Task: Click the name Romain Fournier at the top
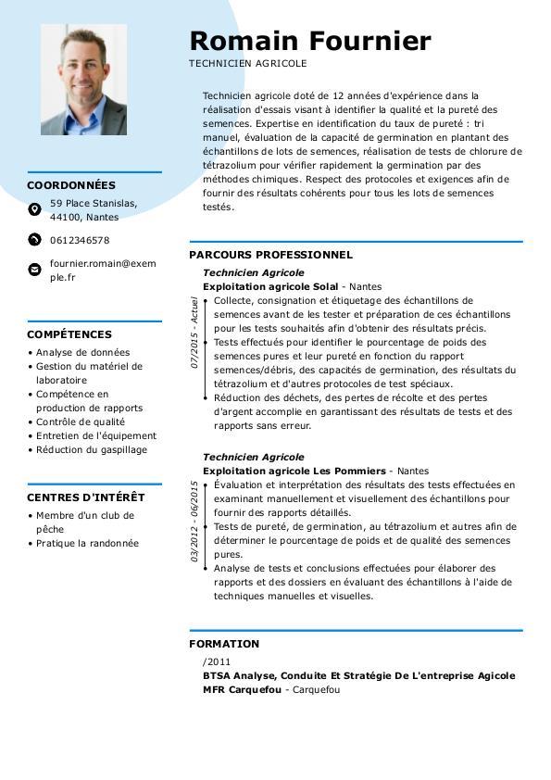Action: tap(309, 42)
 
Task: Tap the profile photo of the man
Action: tap(83, 80)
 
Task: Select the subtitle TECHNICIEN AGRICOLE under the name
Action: tap(247, 64)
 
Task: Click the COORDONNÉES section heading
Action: tap(71, 185)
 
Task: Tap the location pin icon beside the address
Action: tap(34, 210)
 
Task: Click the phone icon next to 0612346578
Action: tap(34, 240)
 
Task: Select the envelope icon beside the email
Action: tap(34, 270)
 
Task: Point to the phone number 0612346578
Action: tap(80, 240)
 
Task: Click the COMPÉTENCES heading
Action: tap(69, 334)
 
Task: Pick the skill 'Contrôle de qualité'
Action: tap(81, 421)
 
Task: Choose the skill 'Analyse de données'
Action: tap(82, 352)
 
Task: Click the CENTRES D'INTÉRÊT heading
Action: tap(85, 497)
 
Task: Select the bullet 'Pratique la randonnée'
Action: tap(87, 543)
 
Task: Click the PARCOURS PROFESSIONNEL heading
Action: tap(270, 255)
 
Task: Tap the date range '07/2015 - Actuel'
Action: tap(194, 333)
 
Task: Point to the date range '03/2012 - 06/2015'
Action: tap(194, 522)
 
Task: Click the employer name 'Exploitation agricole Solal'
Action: tap(270, 287)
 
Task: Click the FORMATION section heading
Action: tap(224, 644)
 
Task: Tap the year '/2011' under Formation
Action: tap(217, 662)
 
